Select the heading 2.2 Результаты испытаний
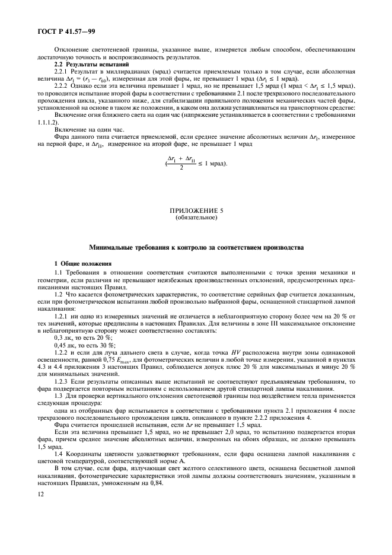pyautogui.click(x=88, y=63)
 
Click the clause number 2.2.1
pyautogui.click(x=63, y=71)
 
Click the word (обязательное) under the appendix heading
pyautogui.click(x=196, y=217)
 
